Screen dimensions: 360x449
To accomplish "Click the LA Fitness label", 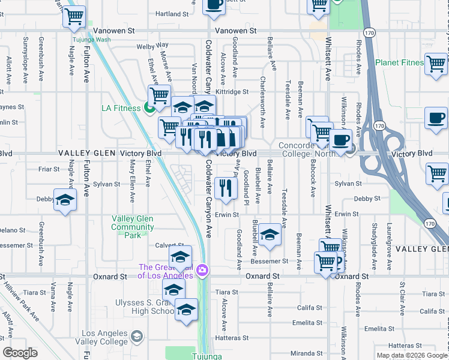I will click(x=121, y=108).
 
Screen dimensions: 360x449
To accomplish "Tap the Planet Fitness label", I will click(x=399, y=62).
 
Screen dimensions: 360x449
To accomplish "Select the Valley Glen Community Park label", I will click(x=132, y=227).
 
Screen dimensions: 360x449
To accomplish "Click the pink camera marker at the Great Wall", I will click(x=203, y=271).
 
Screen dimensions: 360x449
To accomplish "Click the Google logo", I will click(x=20, y=353).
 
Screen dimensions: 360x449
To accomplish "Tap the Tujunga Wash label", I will click(x=91, y=40).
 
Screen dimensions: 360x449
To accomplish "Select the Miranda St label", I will click(x=306, y=353).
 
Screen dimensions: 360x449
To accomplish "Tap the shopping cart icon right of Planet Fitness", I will click(x=435, y=64).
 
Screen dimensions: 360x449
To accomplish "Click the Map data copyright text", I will click(x=412, y=355).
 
